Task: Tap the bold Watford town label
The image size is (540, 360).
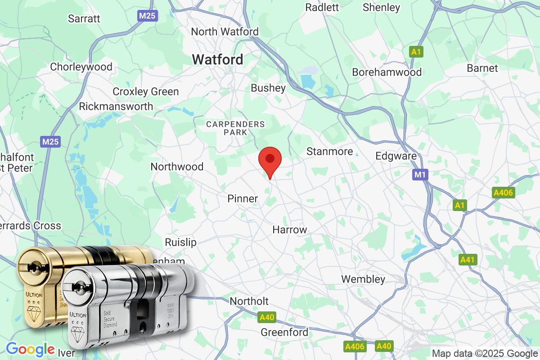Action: [218, 59]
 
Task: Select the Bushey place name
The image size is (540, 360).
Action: [268, 88]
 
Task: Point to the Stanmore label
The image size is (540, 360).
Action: [329, 152]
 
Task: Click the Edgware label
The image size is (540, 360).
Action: [396, 156]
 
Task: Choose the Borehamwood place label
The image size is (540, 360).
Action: [387, 72]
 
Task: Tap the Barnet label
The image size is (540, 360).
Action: [482, 68]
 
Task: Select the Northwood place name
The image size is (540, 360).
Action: [177, 166]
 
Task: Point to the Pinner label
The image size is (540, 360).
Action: [243, 198]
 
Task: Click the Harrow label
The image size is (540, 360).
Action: [290, 229]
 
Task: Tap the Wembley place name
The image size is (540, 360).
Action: [363, 279]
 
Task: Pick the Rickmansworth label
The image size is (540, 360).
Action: [116, 107]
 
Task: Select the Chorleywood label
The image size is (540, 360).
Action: [81, 67]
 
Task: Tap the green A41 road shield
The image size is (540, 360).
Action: [468, 260]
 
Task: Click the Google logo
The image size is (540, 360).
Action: [30, 349]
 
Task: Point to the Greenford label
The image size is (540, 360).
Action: [284, 333]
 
